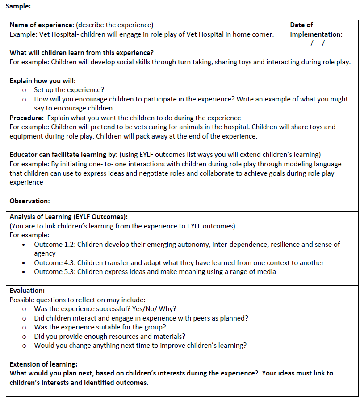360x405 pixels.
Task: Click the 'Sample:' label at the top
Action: pyautogui.click(x=18, y=7)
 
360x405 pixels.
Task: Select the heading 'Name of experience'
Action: pyautogui.click(x=42, y=25)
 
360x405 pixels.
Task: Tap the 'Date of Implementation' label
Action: pyautogui.click(x=316, y=30)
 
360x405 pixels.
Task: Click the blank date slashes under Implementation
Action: pyautogui.click(x=318, y=43)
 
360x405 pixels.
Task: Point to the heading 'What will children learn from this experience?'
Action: pyautogui.click(x=82, y=53)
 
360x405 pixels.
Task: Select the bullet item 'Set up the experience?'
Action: pyautogui.click(x=69, y=90)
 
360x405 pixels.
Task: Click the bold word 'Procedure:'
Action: pyautogui.click(x=26, y=118)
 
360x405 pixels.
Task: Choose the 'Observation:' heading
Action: pyautogui.click(x=29, y=201)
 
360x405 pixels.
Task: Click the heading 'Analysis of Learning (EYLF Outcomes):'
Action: pyautogui.click(x=69, y=217)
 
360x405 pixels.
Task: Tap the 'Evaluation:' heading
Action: pyautogui.click(x=27, y=291)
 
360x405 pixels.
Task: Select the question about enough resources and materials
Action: pyautogui.click(x=109, y=336)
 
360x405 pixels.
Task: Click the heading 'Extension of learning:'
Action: pyautogui.click(x=43, y=364)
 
